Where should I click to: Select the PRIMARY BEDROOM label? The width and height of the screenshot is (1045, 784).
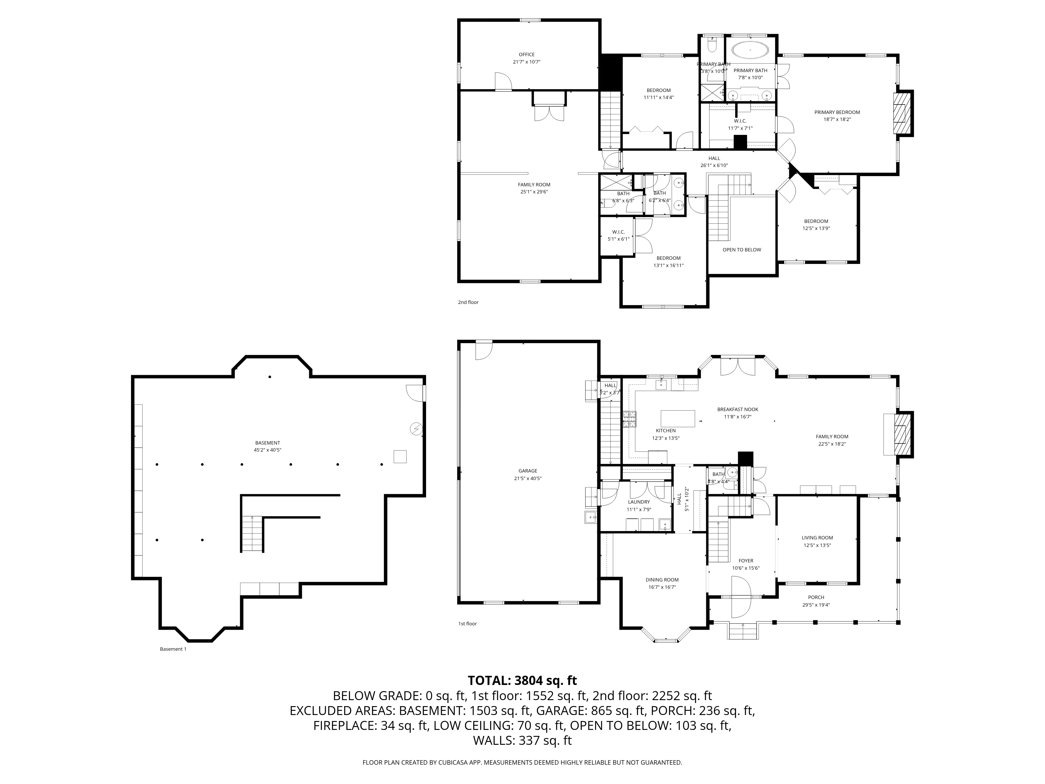click(x=837, y=112)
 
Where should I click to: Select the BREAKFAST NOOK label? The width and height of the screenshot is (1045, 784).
click(x=738, y=409)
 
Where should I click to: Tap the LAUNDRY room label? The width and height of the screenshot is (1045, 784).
click(x=639, y=502)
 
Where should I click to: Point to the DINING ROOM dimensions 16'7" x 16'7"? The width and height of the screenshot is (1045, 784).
click(x=662, y=587)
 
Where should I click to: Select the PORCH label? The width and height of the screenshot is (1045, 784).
click(x=816, y=597)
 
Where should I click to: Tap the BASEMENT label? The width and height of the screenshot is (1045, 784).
click(x=268, y=443)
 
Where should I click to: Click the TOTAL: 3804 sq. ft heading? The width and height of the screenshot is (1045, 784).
click(x=522, y=681)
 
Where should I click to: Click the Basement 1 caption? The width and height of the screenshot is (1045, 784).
click(x=173, y=649)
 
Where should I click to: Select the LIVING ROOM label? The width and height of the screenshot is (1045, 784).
click(x=817, y=538)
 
